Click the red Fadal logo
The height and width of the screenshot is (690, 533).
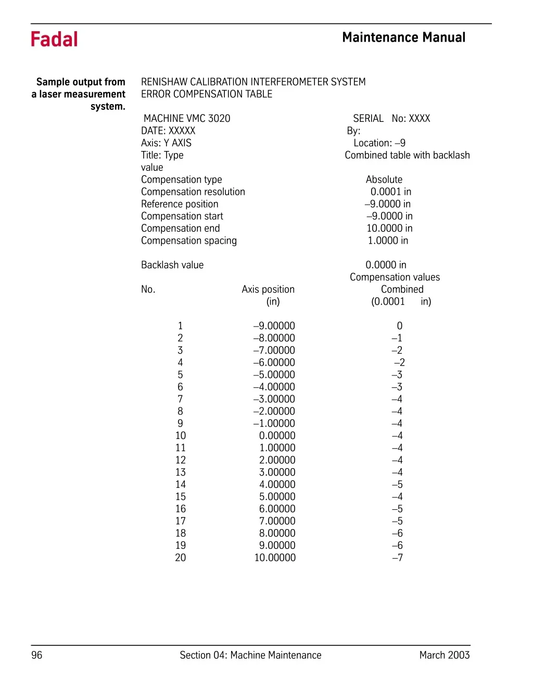(54, 40)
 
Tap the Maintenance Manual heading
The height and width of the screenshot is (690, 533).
(403, 37)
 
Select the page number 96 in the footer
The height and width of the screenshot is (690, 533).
(37, 655)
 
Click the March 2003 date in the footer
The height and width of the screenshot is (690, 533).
(445, 655)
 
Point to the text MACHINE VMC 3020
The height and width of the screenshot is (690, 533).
(187, 119)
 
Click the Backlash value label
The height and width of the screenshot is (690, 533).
(172, 265)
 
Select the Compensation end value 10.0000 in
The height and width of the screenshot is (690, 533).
(389, 229)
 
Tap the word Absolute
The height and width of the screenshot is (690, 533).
(384, 180)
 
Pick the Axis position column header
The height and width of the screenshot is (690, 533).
(268, 290)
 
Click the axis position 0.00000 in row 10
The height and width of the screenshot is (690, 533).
(277, 436)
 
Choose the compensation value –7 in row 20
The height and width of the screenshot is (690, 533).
(397, 558)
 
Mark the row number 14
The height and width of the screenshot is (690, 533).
(180, 485)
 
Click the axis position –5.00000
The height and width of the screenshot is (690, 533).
(274, 375)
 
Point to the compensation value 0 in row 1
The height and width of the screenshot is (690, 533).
(399, 326)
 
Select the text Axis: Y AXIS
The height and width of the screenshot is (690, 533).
(166, 143)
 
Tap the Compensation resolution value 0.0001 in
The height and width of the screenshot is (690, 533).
(391, 192)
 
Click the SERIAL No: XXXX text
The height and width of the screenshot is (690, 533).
(391, 119)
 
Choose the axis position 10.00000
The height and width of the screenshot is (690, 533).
(275, 558)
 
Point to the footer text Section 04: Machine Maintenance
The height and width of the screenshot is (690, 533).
(250, 655)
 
